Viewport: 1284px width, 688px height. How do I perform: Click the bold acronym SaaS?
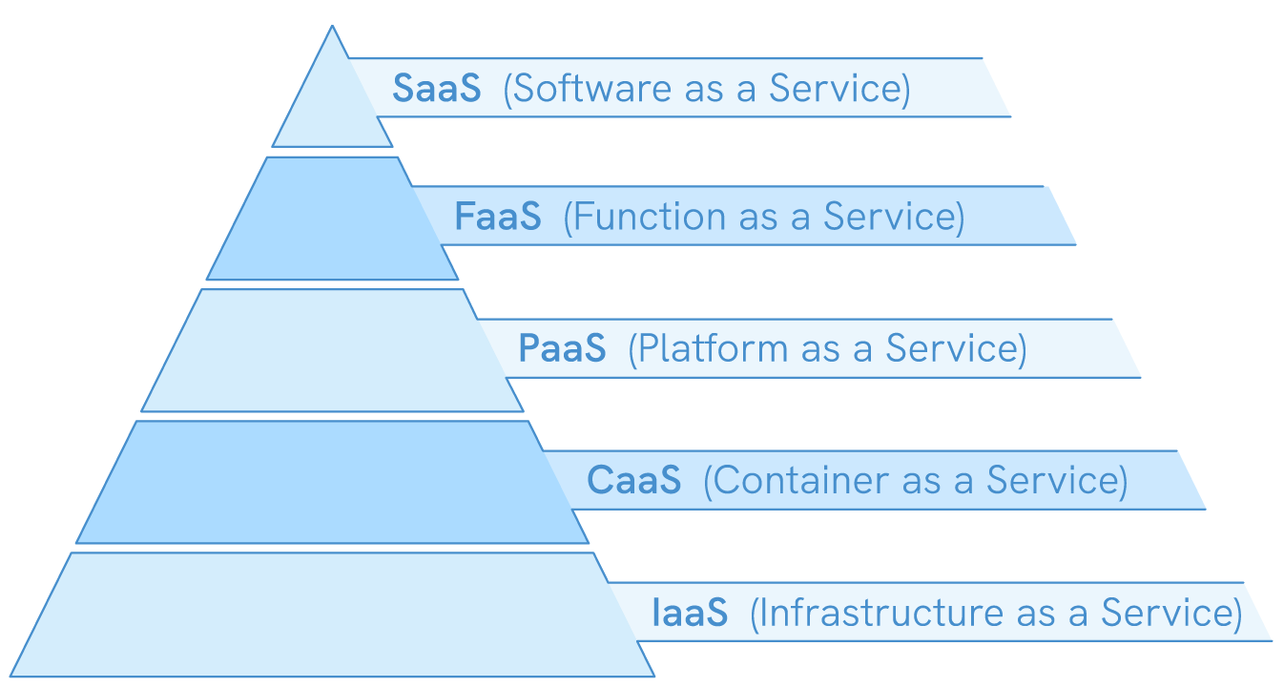[x=436, y=89]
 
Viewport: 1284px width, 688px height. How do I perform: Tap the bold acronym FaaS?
[x=497, y=218]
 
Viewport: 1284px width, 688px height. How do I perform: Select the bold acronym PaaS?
[x=562, y=349]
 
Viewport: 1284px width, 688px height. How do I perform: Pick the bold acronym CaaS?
[x=633, y=480]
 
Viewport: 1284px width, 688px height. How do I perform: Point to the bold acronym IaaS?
[x=690, y=613]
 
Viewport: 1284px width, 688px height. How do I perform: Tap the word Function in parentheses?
[x=648, y=218]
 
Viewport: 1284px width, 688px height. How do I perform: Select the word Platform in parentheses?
[x=713, y=349]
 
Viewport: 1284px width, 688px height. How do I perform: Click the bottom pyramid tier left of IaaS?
[x=324, y=615]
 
